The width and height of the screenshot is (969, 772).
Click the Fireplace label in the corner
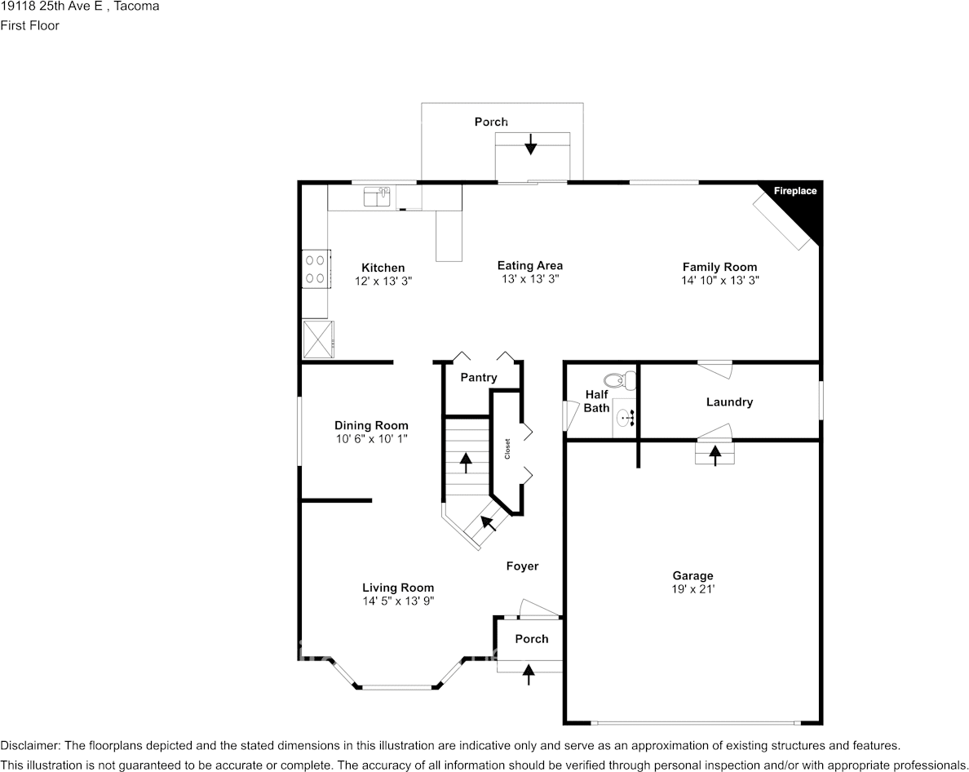[x=795, y=191]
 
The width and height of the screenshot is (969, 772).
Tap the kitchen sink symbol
[x=376, y=197]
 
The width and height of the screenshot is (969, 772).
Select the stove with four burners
[x=316, y=268]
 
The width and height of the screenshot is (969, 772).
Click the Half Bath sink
[x=626, y=418]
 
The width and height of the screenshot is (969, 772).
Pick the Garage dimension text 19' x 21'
[x=692, y=589]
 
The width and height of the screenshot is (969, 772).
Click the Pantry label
[x=478, y=377]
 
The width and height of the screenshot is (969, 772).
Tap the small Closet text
[x=507, y=449]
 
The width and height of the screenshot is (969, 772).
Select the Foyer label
[x=522, y=566]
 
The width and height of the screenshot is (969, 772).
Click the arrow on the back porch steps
[x=530, y=144]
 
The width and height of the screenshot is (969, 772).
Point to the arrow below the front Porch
[x=529, y=674]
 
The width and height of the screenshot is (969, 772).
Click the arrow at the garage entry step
[x=715, y=455]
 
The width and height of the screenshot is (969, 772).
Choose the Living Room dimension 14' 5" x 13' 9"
[x=398, y=601]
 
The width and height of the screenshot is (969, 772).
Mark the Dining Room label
[x=371, y=425]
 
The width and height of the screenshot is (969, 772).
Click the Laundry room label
[x=729, y=402]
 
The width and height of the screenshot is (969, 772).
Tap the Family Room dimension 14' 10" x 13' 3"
[x=720, y=280]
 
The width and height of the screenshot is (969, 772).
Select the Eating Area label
[x=530, y=265]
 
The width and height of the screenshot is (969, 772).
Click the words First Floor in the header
[x=29, y=25]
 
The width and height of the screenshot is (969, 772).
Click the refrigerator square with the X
[x=317, y=339]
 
